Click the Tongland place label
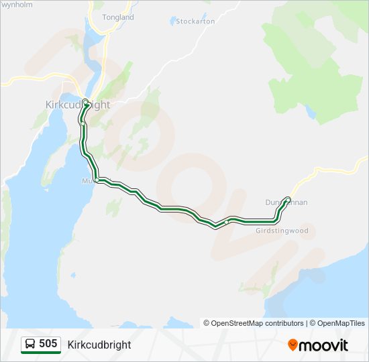point(118,17)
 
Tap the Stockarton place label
point(195,21)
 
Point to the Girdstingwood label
point(282,231)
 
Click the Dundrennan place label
point(286,202)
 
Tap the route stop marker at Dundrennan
point(288,199)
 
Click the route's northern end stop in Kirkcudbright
point(85,103)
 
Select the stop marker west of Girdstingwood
point(227,221)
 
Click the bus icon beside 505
point(30,345)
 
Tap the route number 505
point(48,344)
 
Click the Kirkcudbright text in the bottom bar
point(99,345)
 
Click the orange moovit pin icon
point(293,345)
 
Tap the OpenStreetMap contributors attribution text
point(257,323)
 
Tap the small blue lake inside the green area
point(311,113)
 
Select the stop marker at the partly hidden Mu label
point(97,180)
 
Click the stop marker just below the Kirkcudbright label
point(82,123)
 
